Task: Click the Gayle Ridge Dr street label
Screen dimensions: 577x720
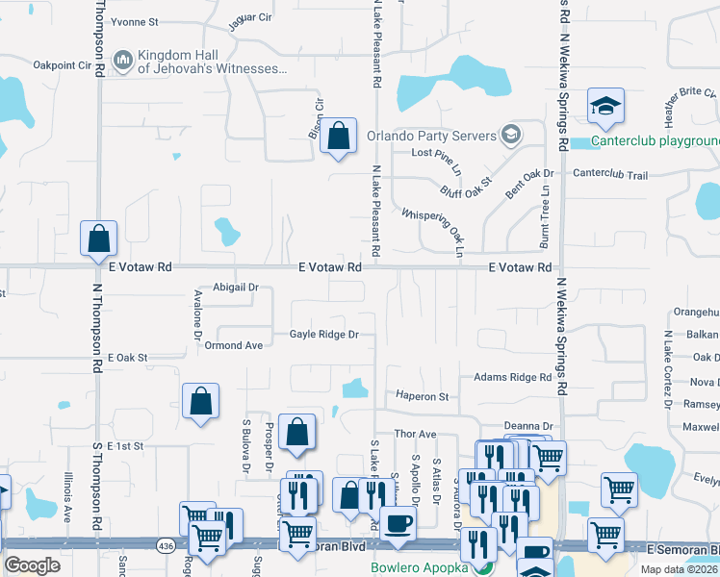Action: point(324,335)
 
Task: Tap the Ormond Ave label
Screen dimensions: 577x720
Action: point(233,345)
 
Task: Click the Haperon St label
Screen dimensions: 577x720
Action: point(423,396)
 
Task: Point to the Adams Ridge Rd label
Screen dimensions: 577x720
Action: point(511,378)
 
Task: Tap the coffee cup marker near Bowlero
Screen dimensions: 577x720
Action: point(398,524)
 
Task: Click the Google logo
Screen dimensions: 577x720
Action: point(32,565)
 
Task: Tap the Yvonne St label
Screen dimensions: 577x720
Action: point(135,21)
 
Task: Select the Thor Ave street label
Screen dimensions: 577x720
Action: point(415,435)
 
